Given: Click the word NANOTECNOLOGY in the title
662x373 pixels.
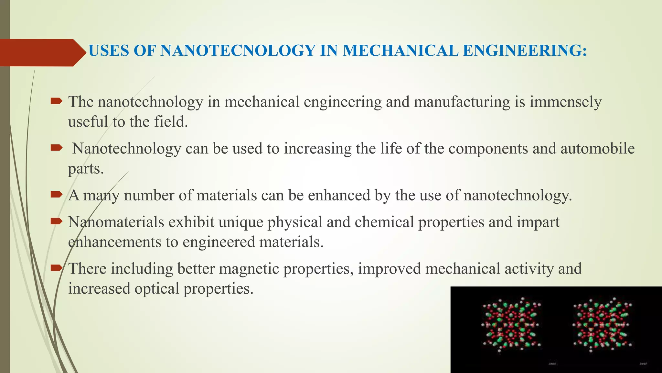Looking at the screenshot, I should click(238, 51).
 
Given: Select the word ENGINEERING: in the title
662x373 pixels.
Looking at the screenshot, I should click(525, 51).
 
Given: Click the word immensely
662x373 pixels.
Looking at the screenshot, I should click(565, 102).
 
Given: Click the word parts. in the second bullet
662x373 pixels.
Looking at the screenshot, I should click(86, 169).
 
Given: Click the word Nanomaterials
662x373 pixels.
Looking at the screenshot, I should click(116, 222).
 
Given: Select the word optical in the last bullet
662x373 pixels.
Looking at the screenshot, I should click(156, 288).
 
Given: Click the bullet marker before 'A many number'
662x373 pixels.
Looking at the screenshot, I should click(56, 195).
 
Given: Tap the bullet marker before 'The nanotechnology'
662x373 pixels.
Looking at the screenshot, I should click(56, 101).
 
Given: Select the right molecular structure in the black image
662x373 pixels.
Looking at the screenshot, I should click(601, 325).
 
